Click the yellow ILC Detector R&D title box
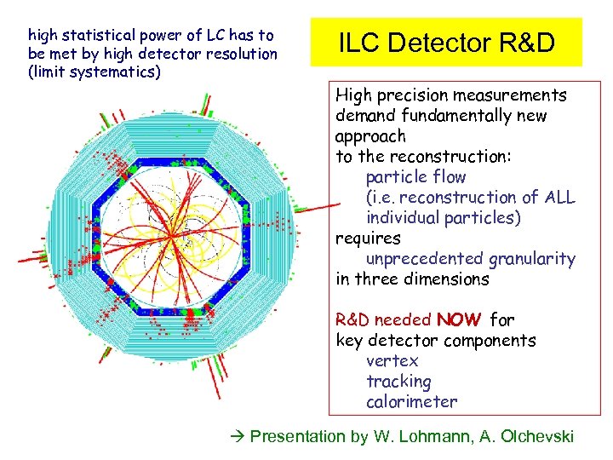[x=446, y=43]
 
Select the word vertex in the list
[x=392, y=361]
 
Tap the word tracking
[x=398, y=382]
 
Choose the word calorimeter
[x=411, y=402]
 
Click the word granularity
[x=534, y=259]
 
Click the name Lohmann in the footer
[x=433, y=437]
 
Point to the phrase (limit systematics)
[x=94, y=72]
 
